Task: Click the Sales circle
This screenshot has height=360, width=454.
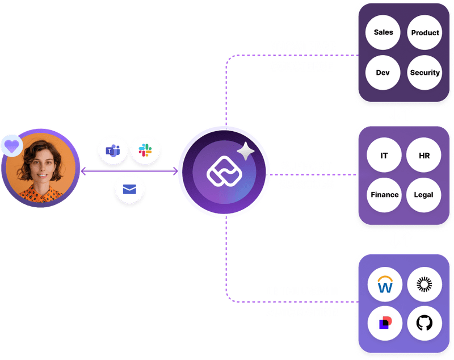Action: click(384, 32)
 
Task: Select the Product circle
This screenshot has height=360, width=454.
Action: click(424, 32)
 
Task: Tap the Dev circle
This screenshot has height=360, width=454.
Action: click(382, 73)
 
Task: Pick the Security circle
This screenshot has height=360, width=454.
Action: click(424, 73)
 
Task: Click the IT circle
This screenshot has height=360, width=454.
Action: click(384, 154)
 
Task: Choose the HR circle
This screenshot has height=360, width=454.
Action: click(424, 154)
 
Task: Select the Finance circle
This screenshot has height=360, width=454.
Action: click(384, 195)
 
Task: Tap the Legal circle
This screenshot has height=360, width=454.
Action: click(424, 195)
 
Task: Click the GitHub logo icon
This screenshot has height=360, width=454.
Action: click(424, 323)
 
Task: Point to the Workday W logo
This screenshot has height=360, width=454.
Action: click(385, 283)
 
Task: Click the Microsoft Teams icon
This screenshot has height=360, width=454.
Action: click(113, 151)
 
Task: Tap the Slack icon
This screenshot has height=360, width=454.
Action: click(146, 150)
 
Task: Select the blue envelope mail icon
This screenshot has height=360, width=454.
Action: click(129, 190)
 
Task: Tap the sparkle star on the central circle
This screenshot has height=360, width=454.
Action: click(246, 152)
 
